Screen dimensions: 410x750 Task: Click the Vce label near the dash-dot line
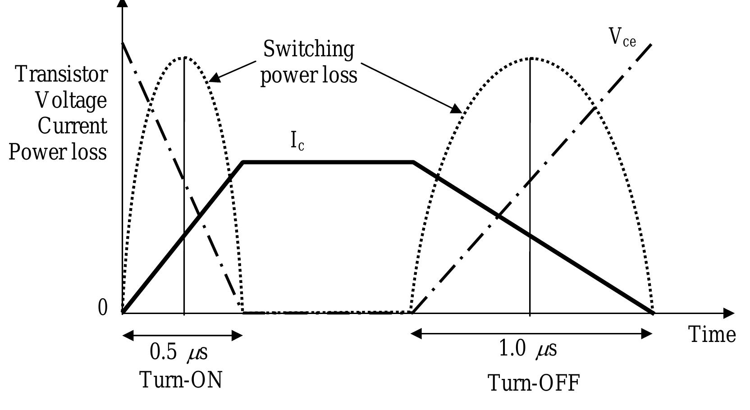point(622,37)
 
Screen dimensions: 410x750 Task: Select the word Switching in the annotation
point(308,49)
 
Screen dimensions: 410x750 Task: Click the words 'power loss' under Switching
point(309,74)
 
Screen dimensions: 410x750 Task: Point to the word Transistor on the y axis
point(62,74)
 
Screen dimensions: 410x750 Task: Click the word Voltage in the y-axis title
point(71,100)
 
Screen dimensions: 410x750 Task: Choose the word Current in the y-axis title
point(72,126)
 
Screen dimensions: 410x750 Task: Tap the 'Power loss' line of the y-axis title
point(58,152)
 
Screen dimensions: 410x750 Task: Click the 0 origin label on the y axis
point(103,309)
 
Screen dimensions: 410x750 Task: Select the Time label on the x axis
point(712,335)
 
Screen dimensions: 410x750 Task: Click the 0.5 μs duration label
point(178,352)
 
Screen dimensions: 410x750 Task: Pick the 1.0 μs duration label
point(528,349)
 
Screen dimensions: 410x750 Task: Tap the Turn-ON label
point(181,380)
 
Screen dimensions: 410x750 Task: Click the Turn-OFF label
point(533,383)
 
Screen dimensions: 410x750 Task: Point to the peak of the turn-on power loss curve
point(184,57)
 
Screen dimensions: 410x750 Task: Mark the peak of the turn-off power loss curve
point(530,58)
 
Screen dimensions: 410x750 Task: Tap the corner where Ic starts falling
point(414,162)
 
